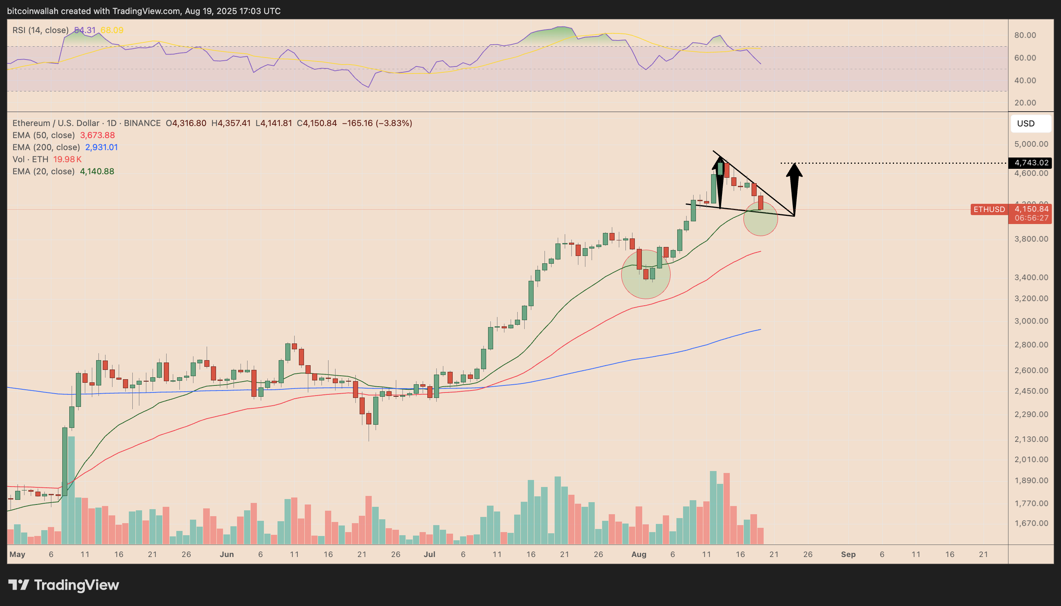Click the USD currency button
click(1026, 124)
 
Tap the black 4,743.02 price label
click(1031, 163)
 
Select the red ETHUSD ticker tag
click(989, 209)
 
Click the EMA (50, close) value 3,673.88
click(97, 135)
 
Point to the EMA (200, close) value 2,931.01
click(101, 147)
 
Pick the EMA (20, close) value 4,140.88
click(97, 172)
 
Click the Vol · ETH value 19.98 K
click(67, 159)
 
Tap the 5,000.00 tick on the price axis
click(1031, 144)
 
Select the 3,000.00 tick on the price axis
click(1031, 321)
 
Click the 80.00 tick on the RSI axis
click(1025, 35)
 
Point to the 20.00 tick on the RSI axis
click(1025, 103)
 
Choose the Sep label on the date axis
click(848, 554)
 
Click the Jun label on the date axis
click(227, 554)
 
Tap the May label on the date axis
click(17, 554)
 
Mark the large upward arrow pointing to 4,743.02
click(794, 187)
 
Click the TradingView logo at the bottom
click(64, 585)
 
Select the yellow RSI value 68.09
click(112, 30)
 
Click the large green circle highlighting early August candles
click(645, 274)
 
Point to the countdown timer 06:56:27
click(1031, 218)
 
